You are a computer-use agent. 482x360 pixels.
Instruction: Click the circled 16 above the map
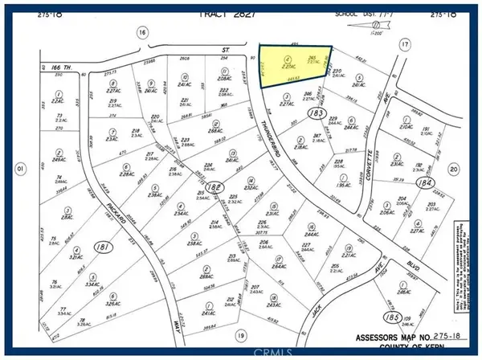pos(142,32)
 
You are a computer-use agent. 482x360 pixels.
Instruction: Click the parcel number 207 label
pos(255,287)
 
